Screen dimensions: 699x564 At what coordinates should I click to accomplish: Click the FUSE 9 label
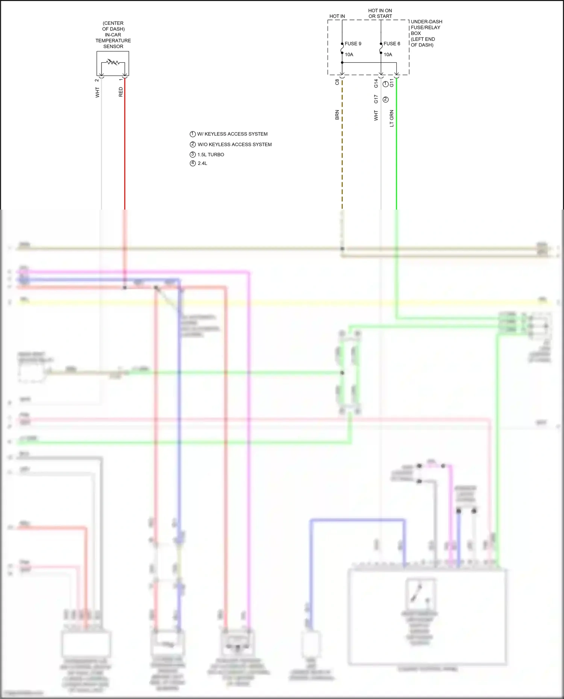(x=353, y=44)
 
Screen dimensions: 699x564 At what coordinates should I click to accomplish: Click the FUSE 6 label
(x=392, y=44)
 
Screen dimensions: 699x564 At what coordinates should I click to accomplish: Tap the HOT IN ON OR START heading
(x=380, y=14)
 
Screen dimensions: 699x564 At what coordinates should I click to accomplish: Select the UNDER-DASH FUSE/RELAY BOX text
(x=426, y=33)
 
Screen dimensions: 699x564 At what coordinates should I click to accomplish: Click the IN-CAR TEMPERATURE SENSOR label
(x=113, y=35)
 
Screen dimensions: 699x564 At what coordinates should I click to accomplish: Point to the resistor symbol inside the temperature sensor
(x=113, y=62)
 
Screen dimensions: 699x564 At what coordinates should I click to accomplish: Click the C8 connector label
(x=337, y=82)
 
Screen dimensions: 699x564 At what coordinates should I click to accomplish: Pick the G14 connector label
(x=376, y=83)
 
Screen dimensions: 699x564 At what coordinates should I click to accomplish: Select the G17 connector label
(x=376, y=99)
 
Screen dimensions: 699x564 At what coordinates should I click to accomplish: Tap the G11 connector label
(x=392, y=83)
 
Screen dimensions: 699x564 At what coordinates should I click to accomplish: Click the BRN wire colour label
(x=337, y=115)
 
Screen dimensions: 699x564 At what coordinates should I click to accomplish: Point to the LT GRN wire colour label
(x=392, y=118)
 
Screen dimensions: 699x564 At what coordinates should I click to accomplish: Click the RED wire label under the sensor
(x=121, y=92)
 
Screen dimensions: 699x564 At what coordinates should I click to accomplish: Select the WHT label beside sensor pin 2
(x=97, y=92)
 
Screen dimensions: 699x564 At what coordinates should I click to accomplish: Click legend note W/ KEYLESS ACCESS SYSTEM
(x=232, y=134)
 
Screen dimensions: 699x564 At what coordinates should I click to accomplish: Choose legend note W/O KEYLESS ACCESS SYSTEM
(x=234, y=145)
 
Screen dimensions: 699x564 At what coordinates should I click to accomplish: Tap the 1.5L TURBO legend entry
(x=211, y=155)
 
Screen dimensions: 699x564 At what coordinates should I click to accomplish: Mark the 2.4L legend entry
(x=202, y=163)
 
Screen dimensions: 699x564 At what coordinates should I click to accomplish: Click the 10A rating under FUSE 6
(x=388, y=54)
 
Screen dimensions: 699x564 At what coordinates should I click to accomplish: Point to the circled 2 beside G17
(x=385, y=100)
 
